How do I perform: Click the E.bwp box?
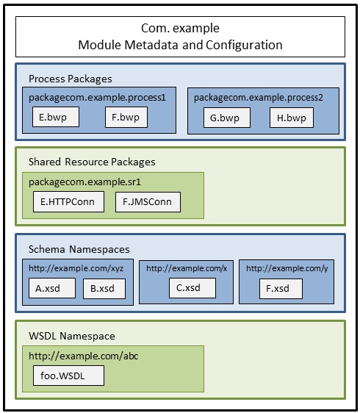(x=56, y=117)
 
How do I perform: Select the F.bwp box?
(x=126, y=117)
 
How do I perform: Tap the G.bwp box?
(x=227, y=118)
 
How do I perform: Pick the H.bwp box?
(x=292, y=118)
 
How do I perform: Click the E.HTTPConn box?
(x=69, y=202)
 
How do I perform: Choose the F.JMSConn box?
(x=148, y=202)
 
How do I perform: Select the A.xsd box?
(x=52, y=288)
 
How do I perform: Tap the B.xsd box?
(x=104, y=289)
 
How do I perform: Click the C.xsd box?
(x=192, y=288)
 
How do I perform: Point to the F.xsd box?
(x=281, y=289)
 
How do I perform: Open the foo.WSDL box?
(x=69, y=376)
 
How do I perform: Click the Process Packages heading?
(x=71, y=79)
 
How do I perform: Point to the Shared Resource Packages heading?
(x=92, y=162)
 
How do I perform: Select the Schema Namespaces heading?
(x=79, y=249)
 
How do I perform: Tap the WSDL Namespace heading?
(x=72, y=336)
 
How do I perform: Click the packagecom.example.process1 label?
(x=97, y=98)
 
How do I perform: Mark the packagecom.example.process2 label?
(x=259, y=98)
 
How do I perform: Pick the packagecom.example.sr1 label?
(x=84, y=182)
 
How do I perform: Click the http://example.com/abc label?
(x=84, y=356)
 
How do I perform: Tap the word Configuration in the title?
(x=244, y=46)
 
